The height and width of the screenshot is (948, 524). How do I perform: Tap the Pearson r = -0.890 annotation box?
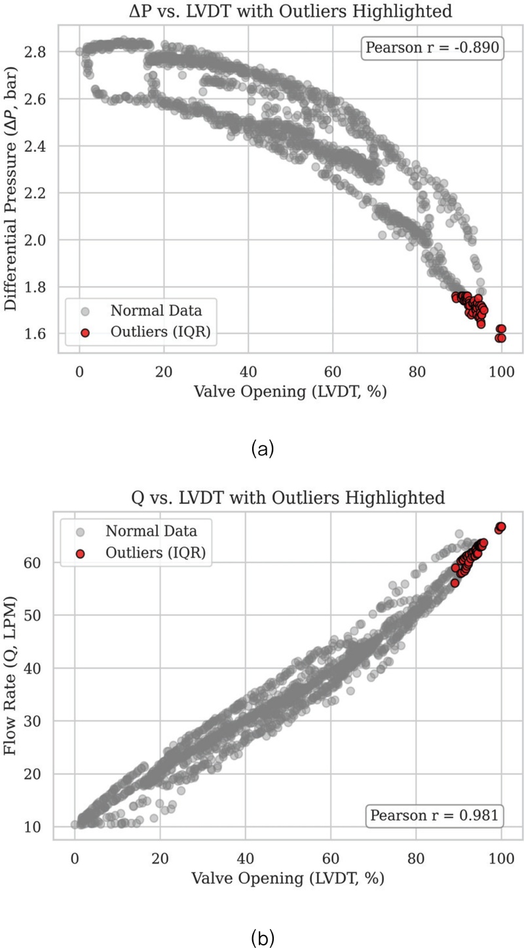tap(434, 48)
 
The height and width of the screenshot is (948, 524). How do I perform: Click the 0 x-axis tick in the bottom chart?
tap(75, 856)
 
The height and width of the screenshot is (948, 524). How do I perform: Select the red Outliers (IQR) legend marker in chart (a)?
tap(84, 333)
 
